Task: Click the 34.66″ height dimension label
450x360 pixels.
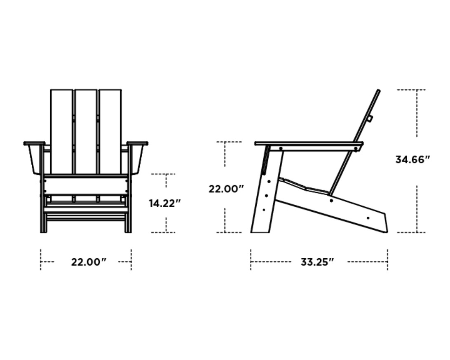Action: (412, 160)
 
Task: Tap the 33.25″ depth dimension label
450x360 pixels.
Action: (317, 262)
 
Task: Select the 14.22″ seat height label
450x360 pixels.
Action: (165, 203)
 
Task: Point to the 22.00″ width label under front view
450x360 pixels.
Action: (89, 262)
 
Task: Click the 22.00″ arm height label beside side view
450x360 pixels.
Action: (226, 189)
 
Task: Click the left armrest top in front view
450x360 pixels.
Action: (34, 143)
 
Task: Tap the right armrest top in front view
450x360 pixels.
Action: (137, 143)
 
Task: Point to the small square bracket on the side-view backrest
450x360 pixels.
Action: (370, 119)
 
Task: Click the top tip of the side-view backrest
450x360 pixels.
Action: (378, 91)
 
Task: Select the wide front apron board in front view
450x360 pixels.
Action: (85, 185)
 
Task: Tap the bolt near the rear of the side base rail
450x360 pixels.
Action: (368, 218)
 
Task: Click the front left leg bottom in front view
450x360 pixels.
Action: (43, 229)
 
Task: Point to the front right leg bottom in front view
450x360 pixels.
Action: (128, 229)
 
